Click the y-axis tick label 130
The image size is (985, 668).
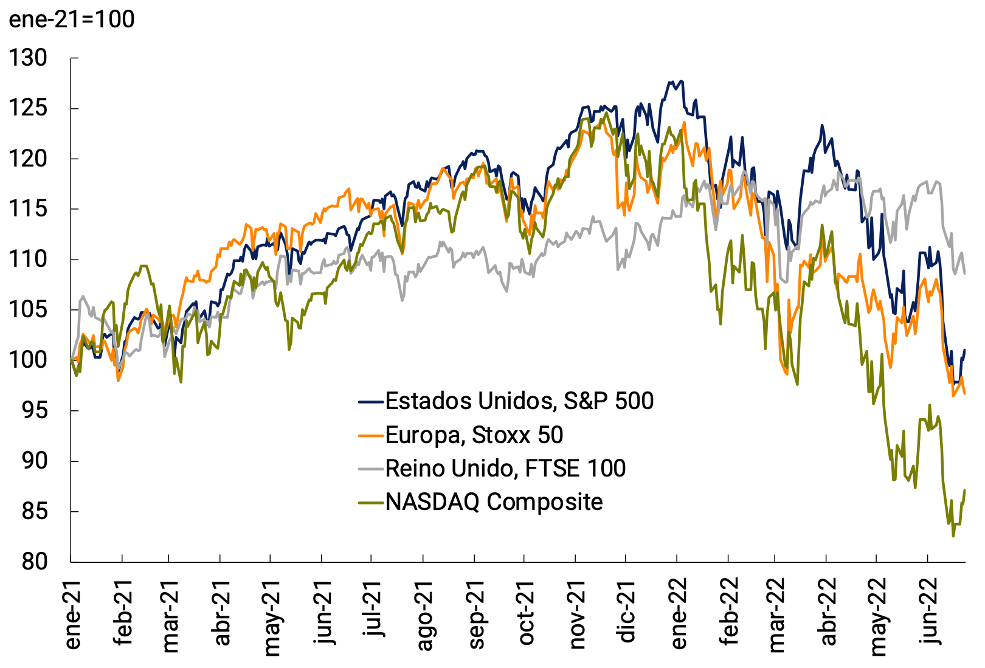click(28, 58)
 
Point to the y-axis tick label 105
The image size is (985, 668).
click(28, 310)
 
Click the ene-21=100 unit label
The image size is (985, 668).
click(72, 19)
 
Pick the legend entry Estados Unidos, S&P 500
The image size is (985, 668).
click(519, 401)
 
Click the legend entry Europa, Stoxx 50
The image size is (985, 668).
click(474, 435)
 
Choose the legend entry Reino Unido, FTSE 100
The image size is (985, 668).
click(505, 469)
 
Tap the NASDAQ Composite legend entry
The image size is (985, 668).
click(494, 502)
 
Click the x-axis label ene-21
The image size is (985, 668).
click(72, 615)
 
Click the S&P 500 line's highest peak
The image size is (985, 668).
click(671, 81)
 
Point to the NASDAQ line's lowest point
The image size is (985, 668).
click(953, 536)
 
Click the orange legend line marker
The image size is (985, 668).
click(371, 435)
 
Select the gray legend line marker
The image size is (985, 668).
click(371, 469)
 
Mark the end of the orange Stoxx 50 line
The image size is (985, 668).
click(965, 394)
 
